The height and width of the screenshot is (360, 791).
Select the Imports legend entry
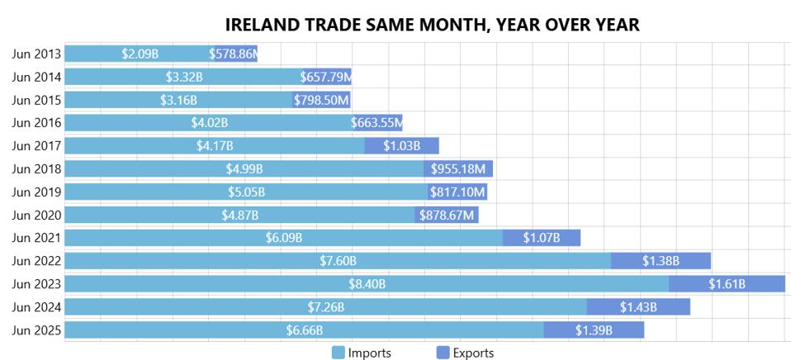point(362,353)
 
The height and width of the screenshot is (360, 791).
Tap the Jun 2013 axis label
point(36,54)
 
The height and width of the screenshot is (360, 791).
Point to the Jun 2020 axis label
point(36,216)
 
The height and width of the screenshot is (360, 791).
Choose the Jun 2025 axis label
point(36,330)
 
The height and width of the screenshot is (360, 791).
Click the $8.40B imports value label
point(367,284)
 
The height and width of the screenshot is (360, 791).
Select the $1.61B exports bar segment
point(727,284)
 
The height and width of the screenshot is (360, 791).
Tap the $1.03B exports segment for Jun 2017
point(402,146)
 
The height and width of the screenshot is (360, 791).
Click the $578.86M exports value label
point(234,54)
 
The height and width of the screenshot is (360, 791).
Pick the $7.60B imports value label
point(338,261)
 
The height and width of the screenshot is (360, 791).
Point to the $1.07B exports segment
point(542,238)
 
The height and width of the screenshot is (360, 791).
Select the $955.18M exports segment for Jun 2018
point(458,169)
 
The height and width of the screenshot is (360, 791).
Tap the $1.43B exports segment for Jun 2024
point(638,307)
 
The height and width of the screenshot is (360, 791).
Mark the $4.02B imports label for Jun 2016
point(209,123)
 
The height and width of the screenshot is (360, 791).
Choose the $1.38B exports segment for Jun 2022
point(661,261)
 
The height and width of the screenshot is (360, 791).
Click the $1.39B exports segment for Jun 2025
point(594,330)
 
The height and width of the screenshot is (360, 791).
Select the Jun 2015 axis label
point(36,100)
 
